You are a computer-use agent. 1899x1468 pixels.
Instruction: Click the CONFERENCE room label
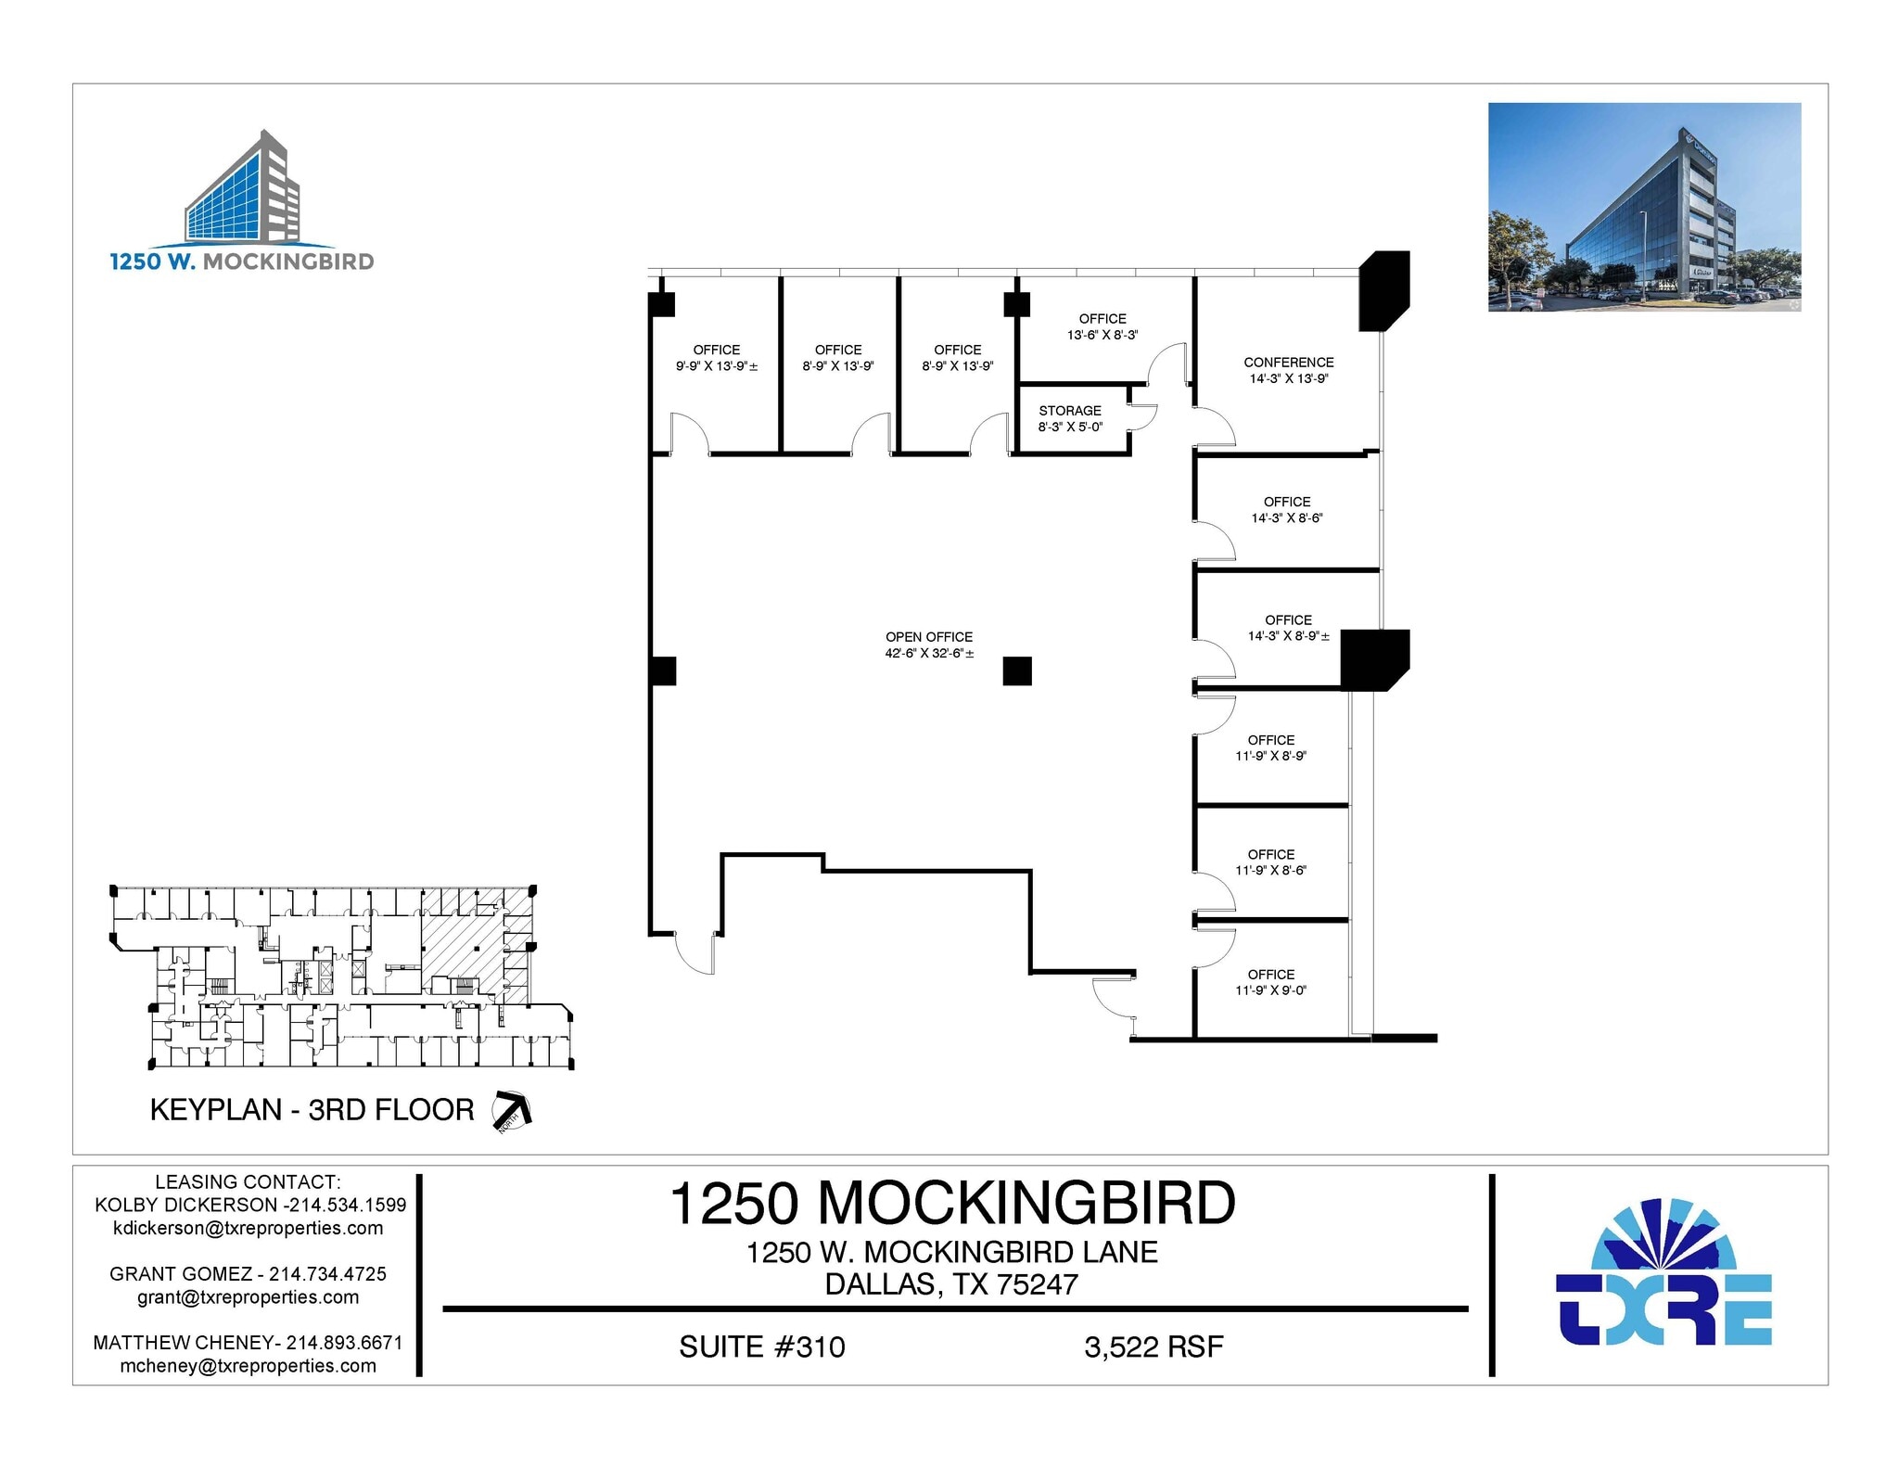(x=1288, y=363)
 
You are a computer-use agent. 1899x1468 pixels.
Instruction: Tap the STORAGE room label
(x=1070, y=411)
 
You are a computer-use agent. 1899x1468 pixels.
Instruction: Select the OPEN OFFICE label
(x=928, y=637)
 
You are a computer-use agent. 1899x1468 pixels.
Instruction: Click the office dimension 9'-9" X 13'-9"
(x=716, y=366)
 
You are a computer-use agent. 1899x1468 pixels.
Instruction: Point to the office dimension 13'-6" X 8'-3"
(x=1102, y=335)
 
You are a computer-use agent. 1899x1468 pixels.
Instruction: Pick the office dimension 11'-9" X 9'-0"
(x=1270, y=990)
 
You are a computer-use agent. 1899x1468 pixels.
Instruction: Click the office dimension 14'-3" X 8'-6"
(x=1286, y=518)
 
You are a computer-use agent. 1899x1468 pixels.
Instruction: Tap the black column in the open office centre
(x=1017, y=670)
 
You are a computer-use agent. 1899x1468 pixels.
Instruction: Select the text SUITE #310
(x=761, y=1347)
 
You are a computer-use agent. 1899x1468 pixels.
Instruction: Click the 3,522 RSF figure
(x=1153, y=1347)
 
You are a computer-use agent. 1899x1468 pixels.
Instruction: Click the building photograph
(x=1644, y=207)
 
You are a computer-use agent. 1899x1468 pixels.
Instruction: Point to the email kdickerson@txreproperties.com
(x=248, y=1228)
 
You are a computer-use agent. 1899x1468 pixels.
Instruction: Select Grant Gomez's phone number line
(x=248, y=1274)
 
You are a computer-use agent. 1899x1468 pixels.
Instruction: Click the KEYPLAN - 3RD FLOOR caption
(x=312, y=1110)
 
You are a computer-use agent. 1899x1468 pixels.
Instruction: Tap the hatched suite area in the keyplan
(x=459, y=946)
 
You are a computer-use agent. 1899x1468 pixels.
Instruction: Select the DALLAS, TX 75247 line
(x=951, y=1284)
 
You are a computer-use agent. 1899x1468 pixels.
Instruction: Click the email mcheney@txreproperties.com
(x=248, y=1365)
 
